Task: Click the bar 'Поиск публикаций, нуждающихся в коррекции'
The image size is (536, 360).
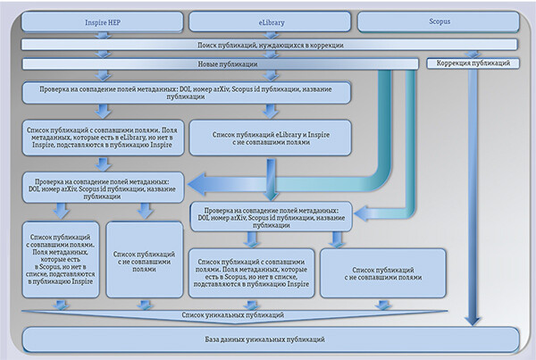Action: (x=267, y=45)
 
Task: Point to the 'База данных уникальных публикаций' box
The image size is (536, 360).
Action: (x=269, y=339)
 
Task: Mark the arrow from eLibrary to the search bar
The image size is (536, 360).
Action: (x=272, y=35)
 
